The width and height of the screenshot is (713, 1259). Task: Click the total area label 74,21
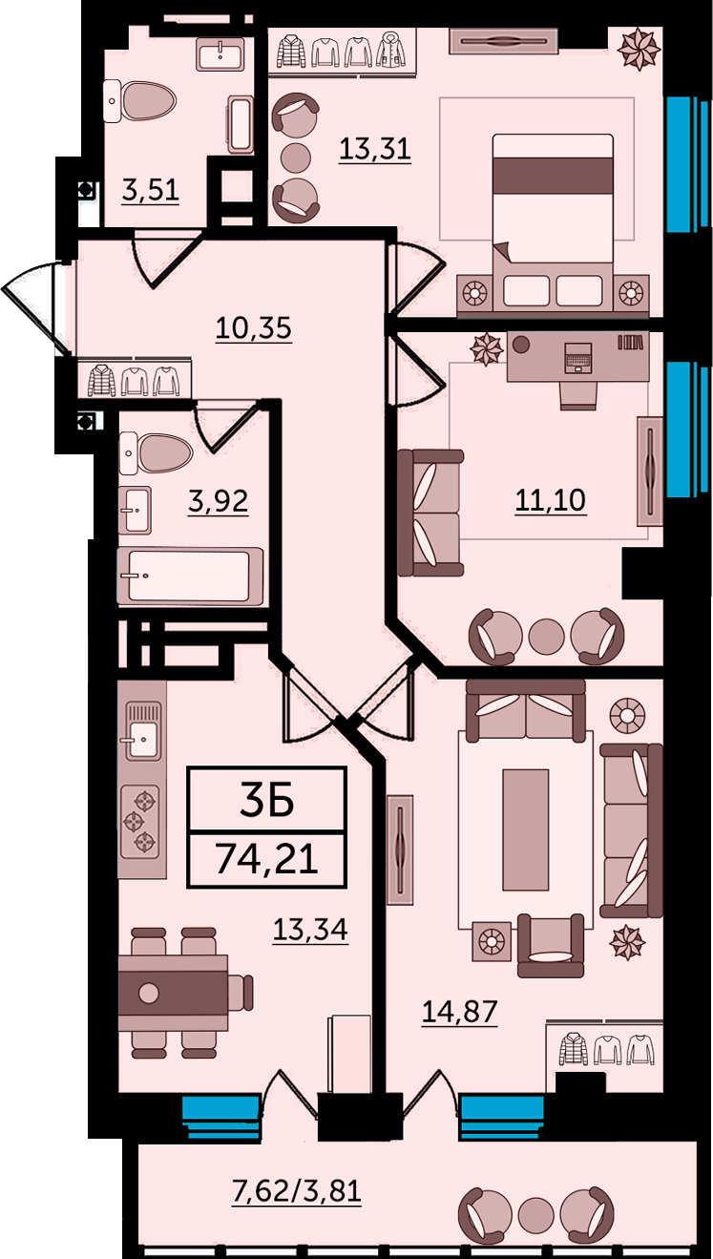pos(266,858)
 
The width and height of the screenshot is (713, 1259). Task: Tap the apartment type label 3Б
pos(267,800)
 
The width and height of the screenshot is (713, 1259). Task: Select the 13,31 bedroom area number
pos(375,149)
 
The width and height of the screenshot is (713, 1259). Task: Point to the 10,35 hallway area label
pos(254,328)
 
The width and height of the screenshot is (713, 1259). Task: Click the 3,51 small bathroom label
pos(151,190)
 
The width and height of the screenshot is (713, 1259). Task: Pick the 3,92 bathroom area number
pos(218,501)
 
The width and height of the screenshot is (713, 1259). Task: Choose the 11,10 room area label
pos(550,500)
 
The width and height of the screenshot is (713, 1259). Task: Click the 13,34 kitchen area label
pos(310,930)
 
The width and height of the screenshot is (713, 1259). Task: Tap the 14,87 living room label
pos(460,1012)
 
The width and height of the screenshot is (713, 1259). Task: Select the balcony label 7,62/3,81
pos(297,1190)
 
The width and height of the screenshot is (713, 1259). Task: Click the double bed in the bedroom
pos(553,222)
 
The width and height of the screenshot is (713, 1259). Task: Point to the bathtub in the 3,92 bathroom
pos(190,577)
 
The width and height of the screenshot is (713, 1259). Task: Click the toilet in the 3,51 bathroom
pos(140,101)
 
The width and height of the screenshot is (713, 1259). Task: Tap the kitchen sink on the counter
pos(141,730)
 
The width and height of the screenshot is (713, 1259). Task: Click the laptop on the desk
pos(578,358)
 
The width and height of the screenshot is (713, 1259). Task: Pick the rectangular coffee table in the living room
pos(525,829)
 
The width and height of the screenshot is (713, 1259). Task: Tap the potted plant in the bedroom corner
pos(639,50)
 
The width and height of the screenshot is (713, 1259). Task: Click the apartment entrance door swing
pos(33,310)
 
